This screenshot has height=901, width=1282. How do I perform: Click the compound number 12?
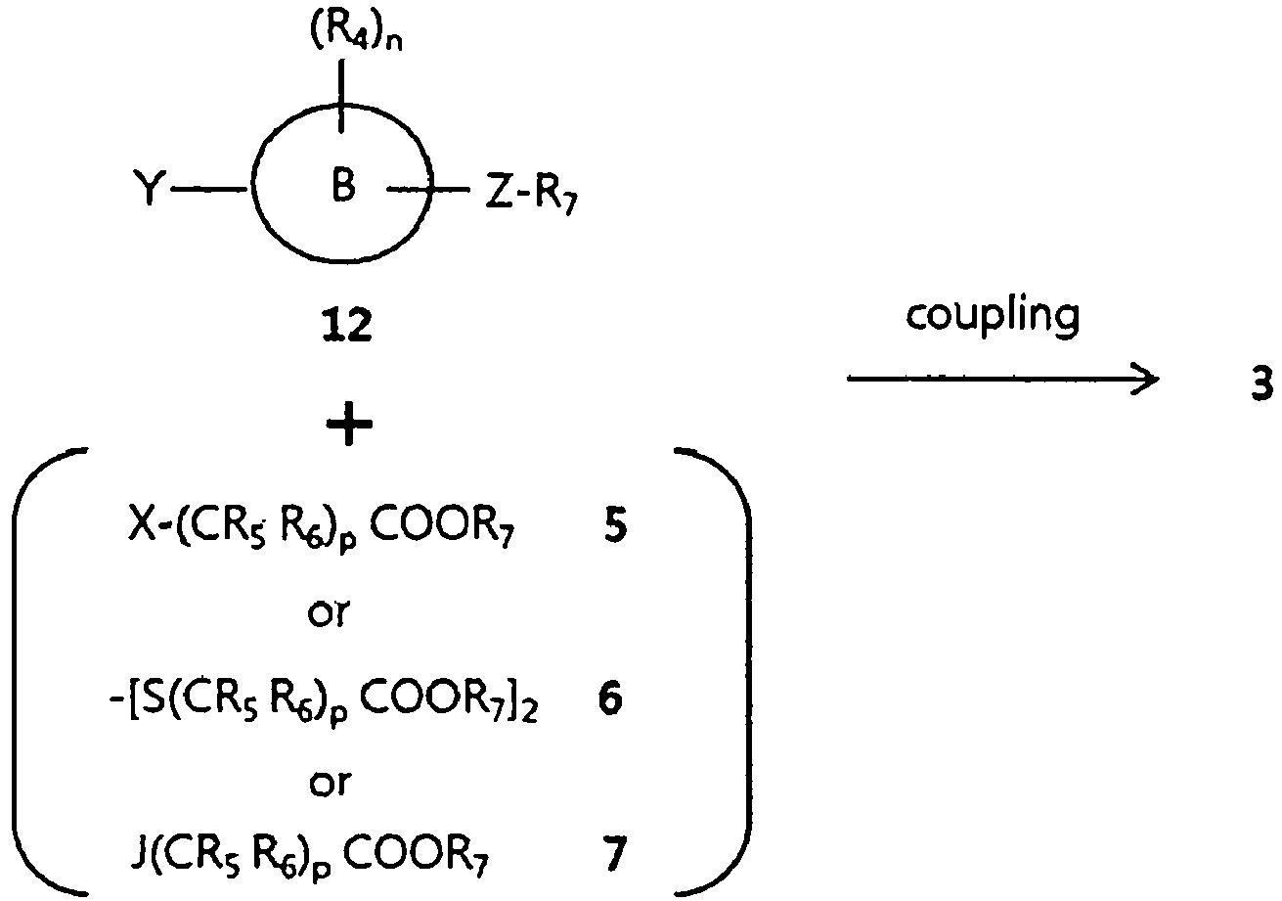(347, 322)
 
